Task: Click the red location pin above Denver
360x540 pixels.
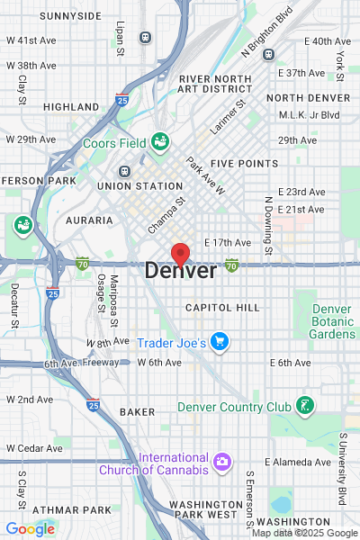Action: [180, 253]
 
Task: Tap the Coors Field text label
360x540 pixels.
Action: [115, 142]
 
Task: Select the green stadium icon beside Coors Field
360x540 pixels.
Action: [160, 140]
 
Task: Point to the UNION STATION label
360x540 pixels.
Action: [140, 186]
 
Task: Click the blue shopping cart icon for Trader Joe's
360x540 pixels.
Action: [220, 342]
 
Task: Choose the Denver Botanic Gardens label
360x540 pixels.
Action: [333, 321]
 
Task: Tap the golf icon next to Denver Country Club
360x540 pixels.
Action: [307, 406]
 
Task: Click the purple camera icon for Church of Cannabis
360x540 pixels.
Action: [221, 463]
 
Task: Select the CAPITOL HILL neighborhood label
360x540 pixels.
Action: [222, 308]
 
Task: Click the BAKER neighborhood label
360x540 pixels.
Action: [138, 411]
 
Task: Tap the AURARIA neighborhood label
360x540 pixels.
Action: [89, 220]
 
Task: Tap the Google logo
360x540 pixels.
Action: [30, 529]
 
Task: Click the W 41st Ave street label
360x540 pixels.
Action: [31, 40]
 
